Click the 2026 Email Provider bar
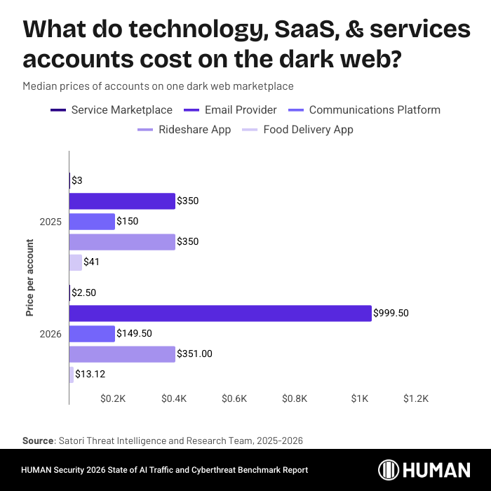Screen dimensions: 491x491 220,314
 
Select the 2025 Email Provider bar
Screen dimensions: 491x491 122,201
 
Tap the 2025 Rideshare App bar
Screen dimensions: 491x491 122,242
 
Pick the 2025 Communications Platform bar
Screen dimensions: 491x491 92,222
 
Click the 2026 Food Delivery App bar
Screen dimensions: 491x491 72,375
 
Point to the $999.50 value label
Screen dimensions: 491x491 391,314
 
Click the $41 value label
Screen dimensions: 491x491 93,262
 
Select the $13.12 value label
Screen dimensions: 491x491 90,375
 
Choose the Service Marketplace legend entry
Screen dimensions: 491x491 112,110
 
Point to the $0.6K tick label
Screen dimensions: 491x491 234,398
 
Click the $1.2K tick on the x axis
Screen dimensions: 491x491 416,398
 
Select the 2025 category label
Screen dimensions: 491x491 51,222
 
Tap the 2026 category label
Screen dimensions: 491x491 51,334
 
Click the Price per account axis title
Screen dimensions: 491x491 30,278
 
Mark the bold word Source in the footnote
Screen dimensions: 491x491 38,440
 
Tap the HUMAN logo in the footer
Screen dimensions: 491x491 424,470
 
